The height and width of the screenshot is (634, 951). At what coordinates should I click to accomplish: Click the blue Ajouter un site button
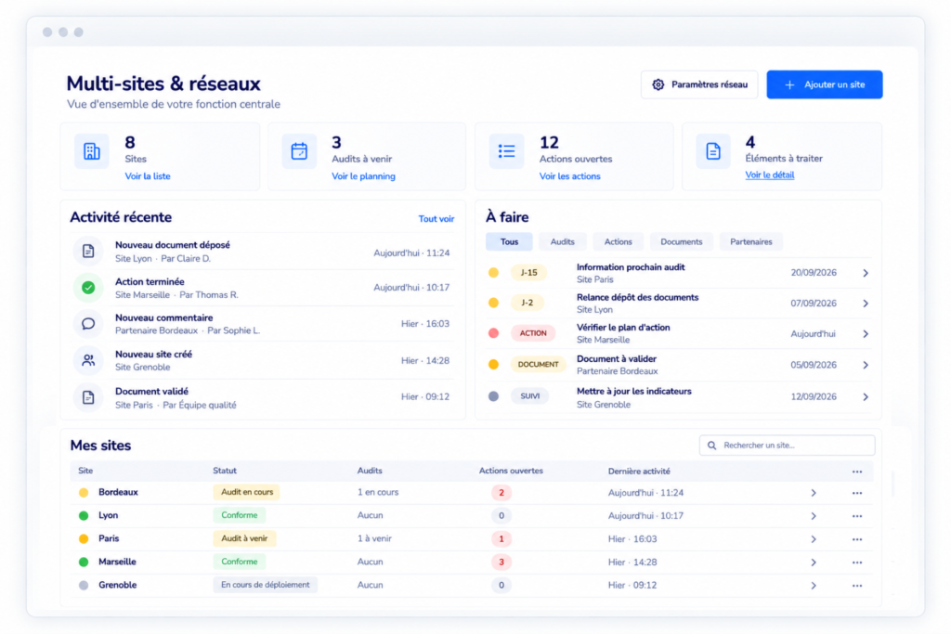pyautogui.click(x=825, y=84)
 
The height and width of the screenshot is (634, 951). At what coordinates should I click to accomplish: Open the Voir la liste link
pyautogui.click(x=148, y=176)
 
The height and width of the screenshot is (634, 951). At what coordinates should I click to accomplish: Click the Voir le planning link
pyautogui.click(x=363, y=176)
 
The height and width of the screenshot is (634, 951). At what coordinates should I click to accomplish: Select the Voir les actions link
pyautogui.click(x=569, y=176)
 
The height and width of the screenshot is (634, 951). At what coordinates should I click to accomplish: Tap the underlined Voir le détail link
pyautogui.click(x=770, y=175)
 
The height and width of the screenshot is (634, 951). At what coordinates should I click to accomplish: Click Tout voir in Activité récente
pyautogui.click(x=436, y=219)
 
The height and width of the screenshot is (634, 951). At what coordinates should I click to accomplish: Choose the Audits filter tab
pyautogui.click(x=562, y=242)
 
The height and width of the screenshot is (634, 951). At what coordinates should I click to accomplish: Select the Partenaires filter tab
pyautogui.click(x=750, y=242)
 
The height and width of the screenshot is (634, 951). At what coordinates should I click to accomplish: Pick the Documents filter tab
pyautogui.click(x=681, y=242)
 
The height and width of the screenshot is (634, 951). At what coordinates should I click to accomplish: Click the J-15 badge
pyautogui.click(x=528, y=273)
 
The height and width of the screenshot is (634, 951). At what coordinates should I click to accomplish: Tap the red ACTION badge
pyautogui.click(x=533, y=333)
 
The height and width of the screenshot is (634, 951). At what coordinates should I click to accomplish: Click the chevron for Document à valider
pyautogui.click(x=866, y=365)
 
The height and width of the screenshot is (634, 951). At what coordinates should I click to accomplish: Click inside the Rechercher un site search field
pyautogui.click(x=788, y=446)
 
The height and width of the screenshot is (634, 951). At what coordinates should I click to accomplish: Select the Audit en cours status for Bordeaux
pyautogui.click(x=246, y=492)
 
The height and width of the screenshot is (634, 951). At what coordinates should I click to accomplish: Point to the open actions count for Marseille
pyautogui.click(x=501, y=562)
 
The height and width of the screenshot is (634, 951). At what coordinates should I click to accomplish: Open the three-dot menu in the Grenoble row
pyautogui.click(x=857, y=586)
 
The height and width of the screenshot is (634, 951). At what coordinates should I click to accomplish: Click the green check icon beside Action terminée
pyautogui.click(x=88, y=288)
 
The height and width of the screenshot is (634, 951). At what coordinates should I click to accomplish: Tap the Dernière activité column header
pyautogui.click(x=639, y=471)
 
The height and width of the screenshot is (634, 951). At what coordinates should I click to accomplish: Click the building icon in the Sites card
pyautogui.click(x=92, y=151)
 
